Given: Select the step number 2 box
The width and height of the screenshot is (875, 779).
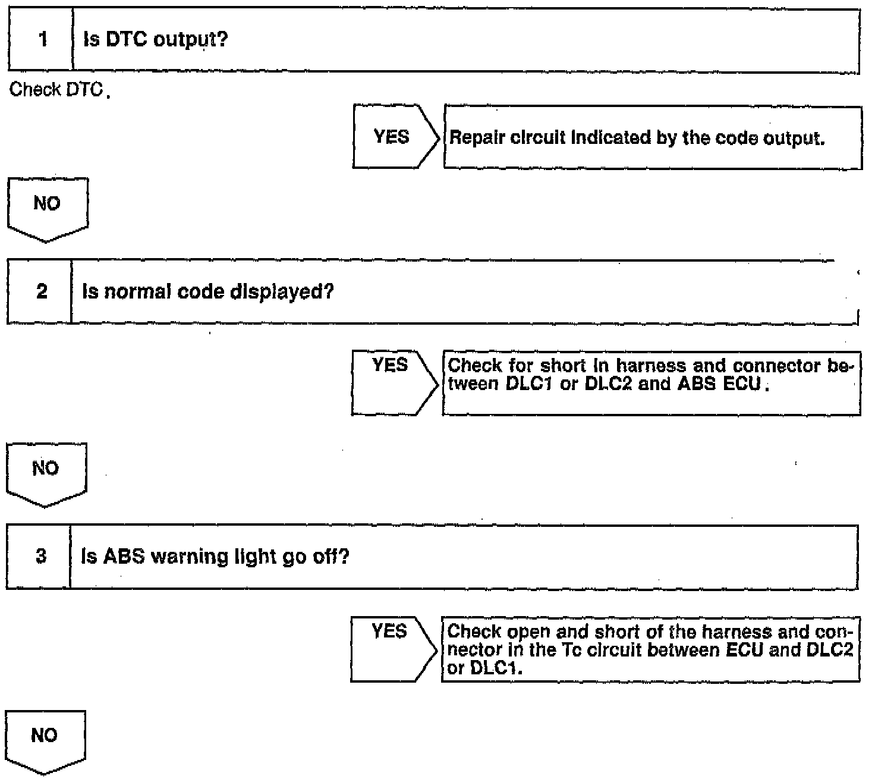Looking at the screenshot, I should tap(40, 292).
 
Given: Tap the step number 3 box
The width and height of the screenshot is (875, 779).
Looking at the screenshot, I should tap(40, 557).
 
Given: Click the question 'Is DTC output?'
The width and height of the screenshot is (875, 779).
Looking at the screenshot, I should tap(156, 40).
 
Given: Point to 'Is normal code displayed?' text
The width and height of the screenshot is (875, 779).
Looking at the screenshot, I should tap(207, 292).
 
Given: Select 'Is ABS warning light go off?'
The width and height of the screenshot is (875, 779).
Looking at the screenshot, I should tap(215, 557).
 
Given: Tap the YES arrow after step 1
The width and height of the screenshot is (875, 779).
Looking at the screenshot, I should tap(393, 137).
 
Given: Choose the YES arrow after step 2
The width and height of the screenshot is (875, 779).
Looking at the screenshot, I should tap(392, 382).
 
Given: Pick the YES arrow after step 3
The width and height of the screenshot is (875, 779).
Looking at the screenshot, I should tap(391, 648).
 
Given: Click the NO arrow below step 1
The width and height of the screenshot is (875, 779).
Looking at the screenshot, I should tap(47, 208).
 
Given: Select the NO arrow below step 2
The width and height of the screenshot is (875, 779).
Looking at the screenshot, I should tap(46, 473).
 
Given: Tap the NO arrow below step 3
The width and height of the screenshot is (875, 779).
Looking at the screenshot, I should tap(45, 739).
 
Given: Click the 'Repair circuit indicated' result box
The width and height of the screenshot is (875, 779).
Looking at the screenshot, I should tap(652, 138).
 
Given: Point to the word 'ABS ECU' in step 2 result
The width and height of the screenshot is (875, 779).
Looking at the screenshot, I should tap(720, 384).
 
